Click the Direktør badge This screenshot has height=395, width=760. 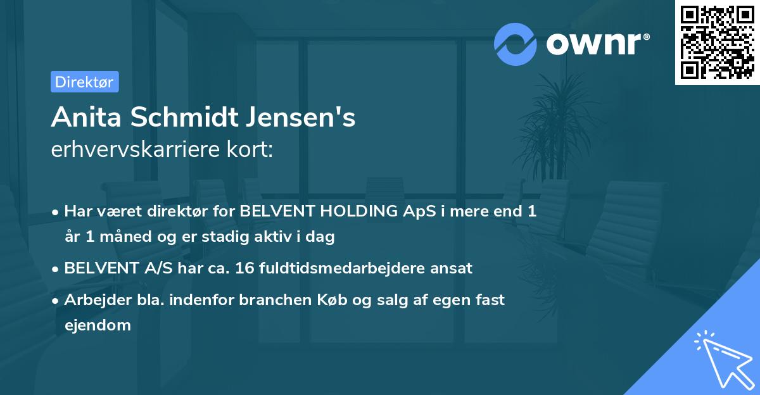pos(84,82)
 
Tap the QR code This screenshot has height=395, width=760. pos(716,42)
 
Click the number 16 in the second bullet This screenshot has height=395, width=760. pos(244,268)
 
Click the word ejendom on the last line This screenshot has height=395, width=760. pos(98,325)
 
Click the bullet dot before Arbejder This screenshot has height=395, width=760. pos(56,301)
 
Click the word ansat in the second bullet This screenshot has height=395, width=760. pos(452,268)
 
